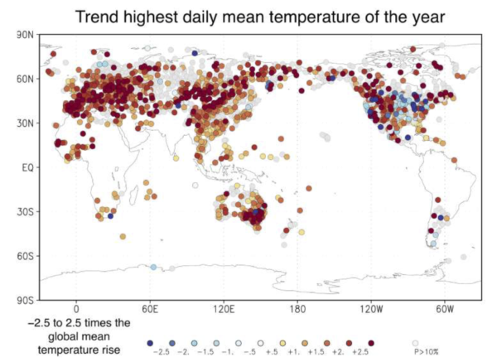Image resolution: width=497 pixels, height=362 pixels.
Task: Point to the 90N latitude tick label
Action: coord(25,36)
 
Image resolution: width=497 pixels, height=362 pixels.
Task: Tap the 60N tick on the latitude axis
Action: coord(25,80)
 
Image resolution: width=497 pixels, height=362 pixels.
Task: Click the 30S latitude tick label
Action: coord(25,211)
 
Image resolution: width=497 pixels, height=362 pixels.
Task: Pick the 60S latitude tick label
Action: coord(25,255)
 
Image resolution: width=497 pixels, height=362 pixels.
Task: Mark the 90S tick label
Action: coord(25,299)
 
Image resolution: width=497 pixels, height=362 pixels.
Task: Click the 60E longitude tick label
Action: coord(150,308)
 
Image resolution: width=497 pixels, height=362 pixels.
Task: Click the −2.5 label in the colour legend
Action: coord(152,353)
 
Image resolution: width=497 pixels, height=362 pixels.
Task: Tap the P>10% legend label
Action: coord(426,353)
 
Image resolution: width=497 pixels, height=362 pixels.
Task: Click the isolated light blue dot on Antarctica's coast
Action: coord(153,267)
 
